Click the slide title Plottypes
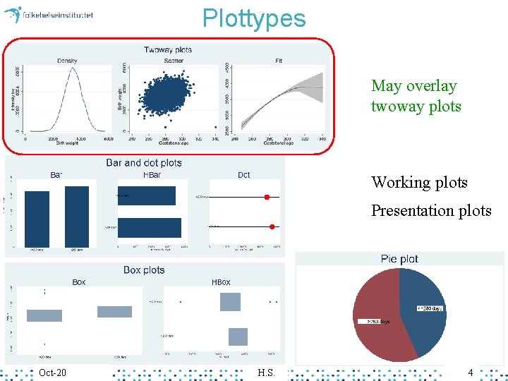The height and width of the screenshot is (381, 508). point(254,18)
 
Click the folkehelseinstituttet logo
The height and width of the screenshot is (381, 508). point(49,14)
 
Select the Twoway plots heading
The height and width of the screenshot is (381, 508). point(168,49)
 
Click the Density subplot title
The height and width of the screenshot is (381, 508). point(67,61)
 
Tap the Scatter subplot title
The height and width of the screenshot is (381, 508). point(174,61)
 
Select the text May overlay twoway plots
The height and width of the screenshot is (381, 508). point(416,96)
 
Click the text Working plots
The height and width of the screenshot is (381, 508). point(419,182)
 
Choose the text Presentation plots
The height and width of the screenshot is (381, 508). point(431,210)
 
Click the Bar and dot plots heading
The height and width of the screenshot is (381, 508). point(144,163)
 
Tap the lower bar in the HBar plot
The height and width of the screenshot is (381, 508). point(150,227)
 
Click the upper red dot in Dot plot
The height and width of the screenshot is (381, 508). point(267,197)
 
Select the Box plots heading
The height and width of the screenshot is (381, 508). point(144,270)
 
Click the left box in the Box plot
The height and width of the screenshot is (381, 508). point(44,315)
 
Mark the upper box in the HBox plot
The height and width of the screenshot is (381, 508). point(230,302)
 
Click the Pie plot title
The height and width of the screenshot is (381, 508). point(399,259)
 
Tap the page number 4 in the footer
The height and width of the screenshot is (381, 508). point(471,372)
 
